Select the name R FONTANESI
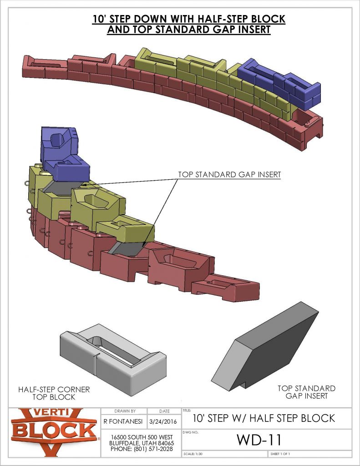coord(121,421)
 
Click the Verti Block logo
coord(54,432)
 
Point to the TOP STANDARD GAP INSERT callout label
coord(229,174)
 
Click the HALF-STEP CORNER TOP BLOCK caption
coord(54,393)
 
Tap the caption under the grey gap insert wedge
coord(306,392)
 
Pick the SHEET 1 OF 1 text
coord(280,454)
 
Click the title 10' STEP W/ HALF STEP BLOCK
coord(264,418)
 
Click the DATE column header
coord(164,411)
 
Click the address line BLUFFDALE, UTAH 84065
coord(142,443)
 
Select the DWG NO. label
coord(189,430)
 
